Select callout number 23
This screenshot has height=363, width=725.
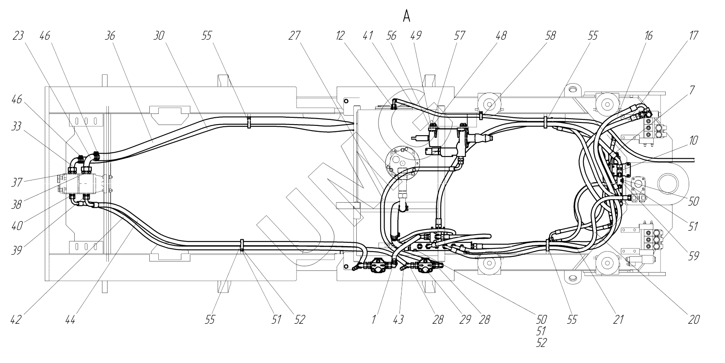(x=18, y=36)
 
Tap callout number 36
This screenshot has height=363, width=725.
(x=110, y=36)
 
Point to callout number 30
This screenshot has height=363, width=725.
(x=159, y=36)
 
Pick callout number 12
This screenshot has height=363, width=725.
(x=340, y=36)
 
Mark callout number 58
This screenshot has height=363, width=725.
(x=550, y=36)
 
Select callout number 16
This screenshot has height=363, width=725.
(x=648, y=36)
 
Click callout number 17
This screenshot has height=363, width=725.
(x=693, y=36)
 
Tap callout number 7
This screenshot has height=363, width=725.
(x=692, y=90)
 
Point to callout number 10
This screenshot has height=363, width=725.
(x=693, y=140)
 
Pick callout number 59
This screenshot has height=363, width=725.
(x=693, y=256)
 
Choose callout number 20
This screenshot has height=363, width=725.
(x=693, y=319)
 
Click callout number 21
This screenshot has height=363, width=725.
(x=619, y=319)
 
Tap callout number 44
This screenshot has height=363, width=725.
(x=70, y=319)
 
